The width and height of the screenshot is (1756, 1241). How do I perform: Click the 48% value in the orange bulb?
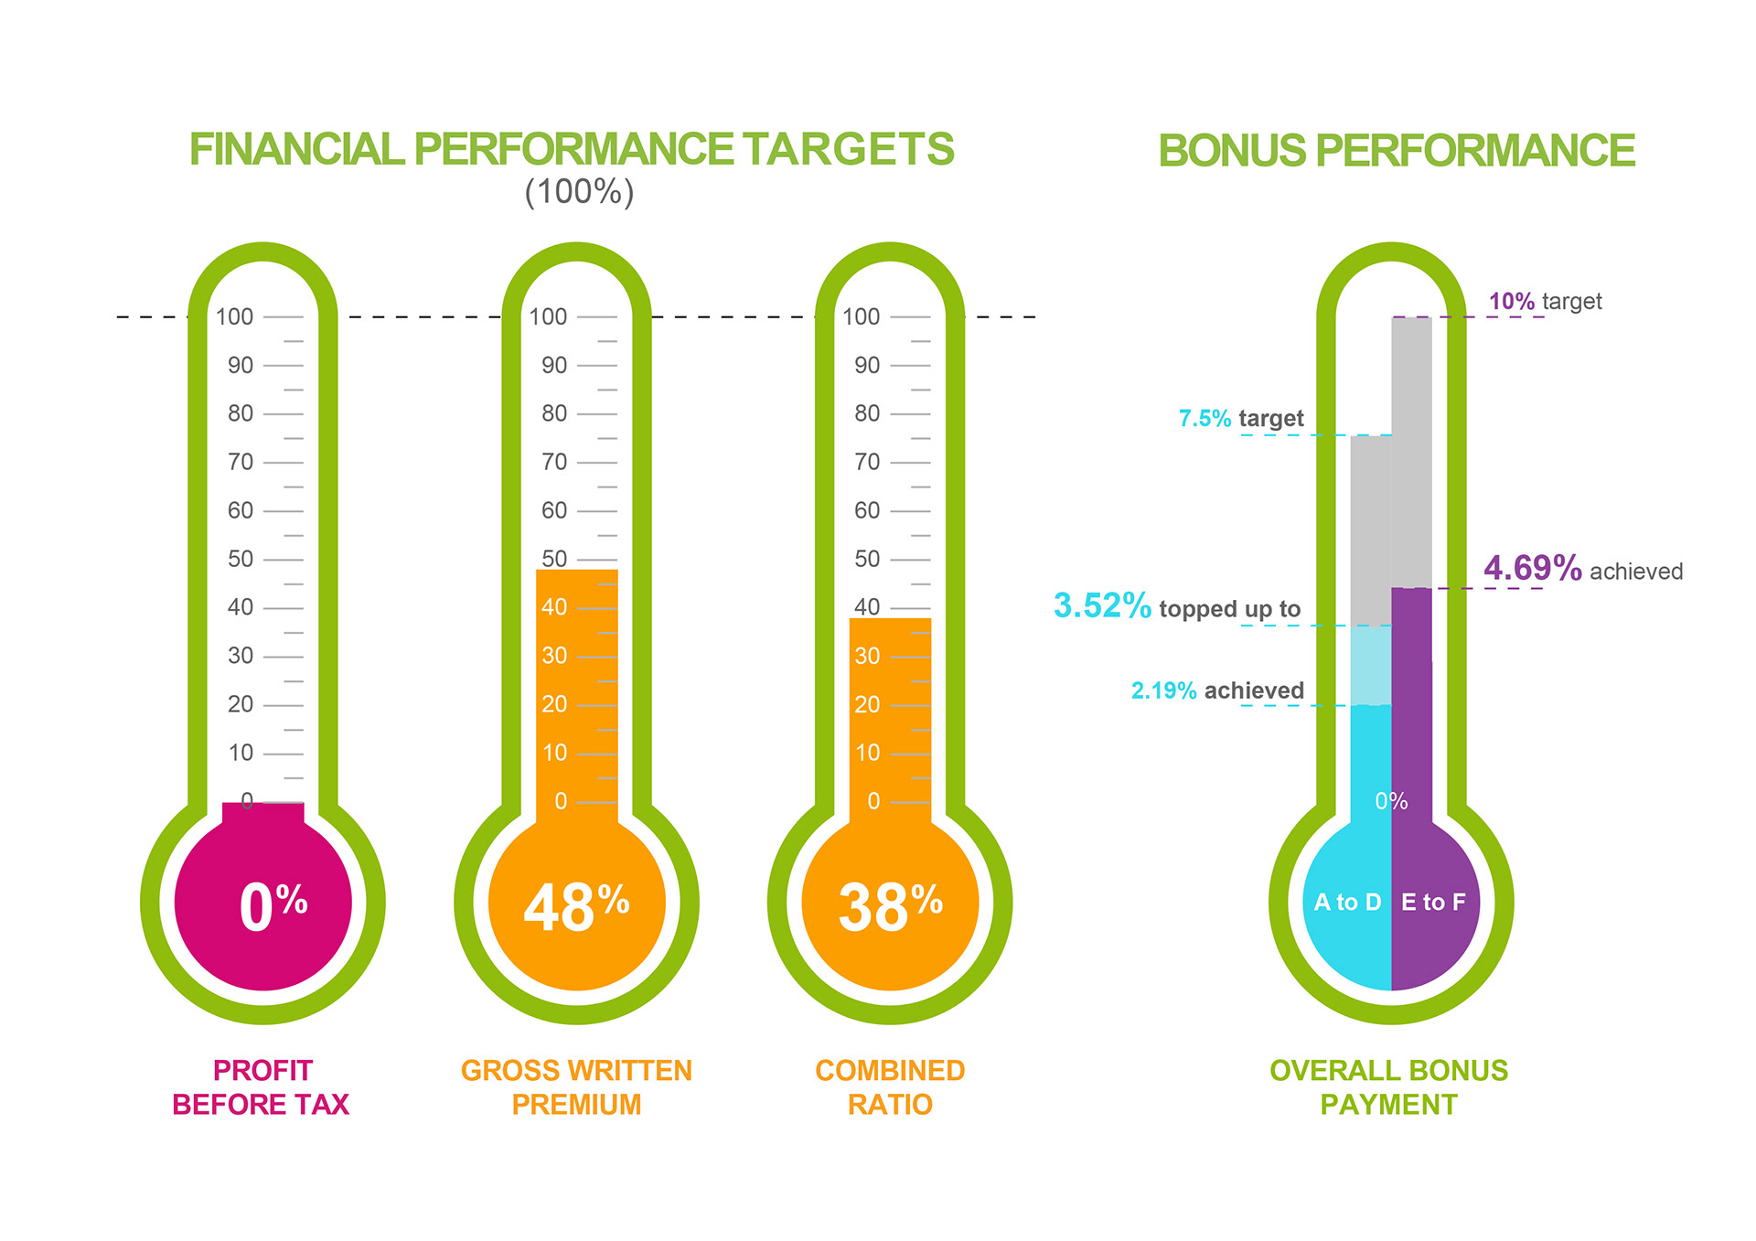(x=576, y=906)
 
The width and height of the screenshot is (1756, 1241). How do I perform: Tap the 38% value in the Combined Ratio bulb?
(x=890, y=906)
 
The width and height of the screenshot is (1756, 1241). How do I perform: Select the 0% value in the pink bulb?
(x=273, y=906)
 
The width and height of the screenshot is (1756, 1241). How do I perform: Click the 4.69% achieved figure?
(x=1532, y=568)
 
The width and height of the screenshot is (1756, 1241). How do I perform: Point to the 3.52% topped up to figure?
(x=1102, y=605)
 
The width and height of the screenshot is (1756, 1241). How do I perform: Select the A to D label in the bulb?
(x=1347, y=903)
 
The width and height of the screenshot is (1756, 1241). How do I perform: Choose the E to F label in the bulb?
(x=1433, y=903)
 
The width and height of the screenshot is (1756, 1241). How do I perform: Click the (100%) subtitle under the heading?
(x=579, y=192)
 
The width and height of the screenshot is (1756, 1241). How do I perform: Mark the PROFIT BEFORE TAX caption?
(x=262, y=1087)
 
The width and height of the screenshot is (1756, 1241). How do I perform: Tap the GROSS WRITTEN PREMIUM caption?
(x=576, y=1087)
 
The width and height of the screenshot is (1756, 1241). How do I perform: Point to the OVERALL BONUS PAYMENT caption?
(x=1388, y=1087)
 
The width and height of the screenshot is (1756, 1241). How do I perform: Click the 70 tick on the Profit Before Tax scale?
(x=241, y=462)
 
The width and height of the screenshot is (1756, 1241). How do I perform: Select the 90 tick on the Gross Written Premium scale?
(x=554, y=365)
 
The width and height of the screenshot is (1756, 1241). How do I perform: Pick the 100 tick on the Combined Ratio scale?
(x=861, y=316)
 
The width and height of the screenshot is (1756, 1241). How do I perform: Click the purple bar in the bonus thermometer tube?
(x=1411, y=695)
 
